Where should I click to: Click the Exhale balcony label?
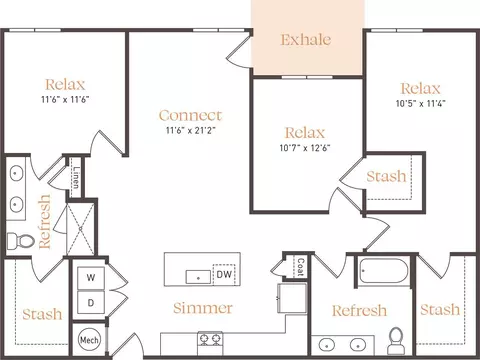(x=306, y=40)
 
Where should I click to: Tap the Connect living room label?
(x=190, y=116)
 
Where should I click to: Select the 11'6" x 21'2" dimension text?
(x=191, y=130)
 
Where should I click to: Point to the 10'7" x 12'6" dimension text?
(x=305, y=148)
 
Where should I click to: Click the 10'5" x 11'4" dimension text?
(x=421, y=103)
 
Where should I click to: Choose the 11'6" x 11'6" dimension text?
(x=65, y=99)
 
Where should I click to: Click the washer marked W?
(x=91, y=278)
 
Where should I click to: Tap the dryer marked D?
(x=91, y=303)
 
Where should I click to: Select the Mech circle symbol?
(x=89, y=340)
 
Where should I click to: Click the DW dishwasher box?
(x=224, y=274)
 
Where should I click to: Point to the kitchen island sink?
(x=198, y=277)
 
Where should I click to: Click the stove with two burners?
(x=210, y=343)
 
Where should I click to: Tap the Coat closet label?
(x=301, y=267)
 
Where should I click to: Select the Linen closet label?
(x=76, y=177)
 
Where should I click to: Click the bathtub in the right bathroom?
(x=384, y=271)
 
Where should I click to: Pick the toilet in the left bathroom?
(x=21, y=240)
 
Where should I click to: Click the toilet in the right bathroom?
(x=396, y=341)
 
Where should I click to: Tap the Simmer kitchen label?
(x=203, y=308)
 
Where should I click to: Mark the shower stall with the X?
(x=80, y=229)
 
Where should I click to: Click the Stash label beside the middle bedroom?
(x=386, y=176)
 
